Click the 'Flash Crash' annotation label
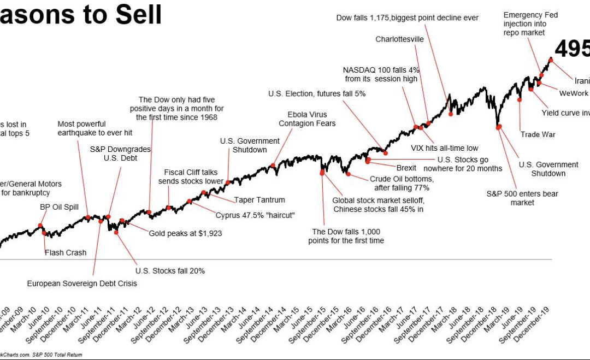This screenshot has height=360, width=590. [66, 252]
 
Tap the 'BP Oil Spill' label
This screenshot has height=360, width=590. [60, 207]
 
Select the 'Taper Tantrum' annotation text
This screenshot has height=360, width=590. [259, 200]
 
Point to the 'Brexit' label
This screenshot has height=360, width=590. [406, 168]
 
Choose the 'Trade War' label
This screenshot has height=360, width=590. [538, 134]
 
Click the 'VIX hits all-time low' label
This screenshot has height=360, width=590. [444, 147]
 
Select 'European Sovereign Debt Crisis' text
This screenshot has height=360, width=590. [82, 284]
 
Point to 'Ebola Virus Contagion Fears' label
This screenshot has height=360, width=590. [307, 119]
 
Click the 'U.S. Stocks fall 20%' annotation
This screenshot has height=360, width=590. [170, 270]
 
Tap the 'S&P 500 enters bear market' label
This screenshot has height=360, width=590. [515, 198]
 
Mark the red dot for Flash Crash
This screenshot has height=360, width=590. [44, 233]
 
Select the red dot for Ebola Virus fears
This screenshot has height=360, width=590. [273, 166]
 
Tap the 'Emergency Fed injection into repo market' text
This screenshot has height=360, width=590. [530, 23]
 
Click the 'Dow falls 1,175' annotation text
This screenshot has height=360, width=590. [407, 17]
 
